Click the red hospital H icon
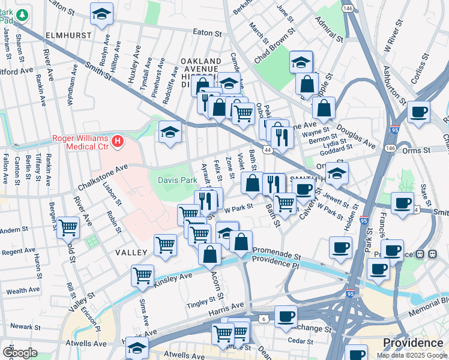pyautogui.click(x=118, y=142)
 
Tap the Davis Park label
pyautogui.click(x=177, y=180)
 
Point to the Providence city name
pyautogui.click(x=414, y=343)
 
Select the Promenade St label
pyautogui.click(x=277, y=253)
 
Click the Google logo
pyautogui.click(x=20, y=353)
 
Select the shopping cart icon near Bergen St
pyautogui.click(x=68, y=227)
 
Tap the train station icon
pyautogui.click(x=430, y=254)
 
